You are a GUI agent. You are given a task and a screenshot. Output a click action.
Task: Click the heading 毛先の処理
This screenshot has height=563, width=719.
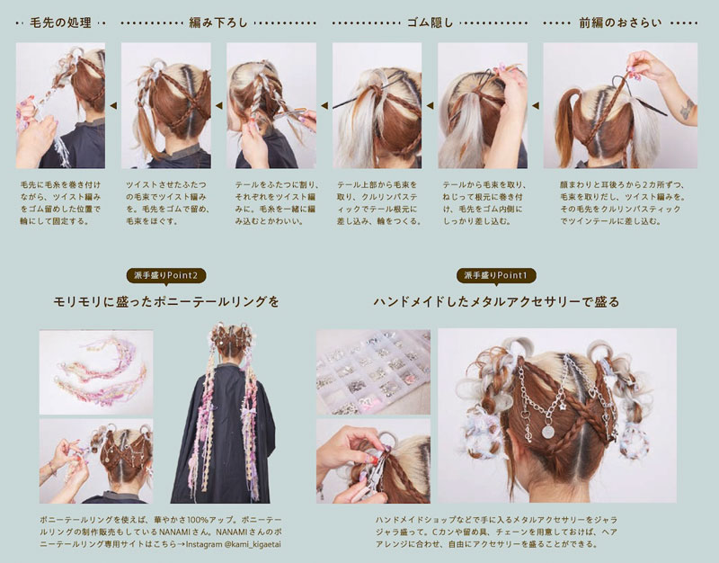pos(60,22)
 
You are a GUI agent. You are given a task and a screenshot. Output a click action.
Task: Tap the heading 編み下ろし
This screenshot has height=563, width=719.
pos(218,22)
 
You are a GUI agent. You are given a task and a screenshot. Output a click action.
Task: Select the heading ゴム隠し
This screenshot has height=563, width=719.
pos(431,22)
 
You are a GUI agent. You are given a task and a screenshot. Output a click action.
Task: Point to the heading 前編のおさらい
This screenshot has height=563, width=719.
pos(620,22)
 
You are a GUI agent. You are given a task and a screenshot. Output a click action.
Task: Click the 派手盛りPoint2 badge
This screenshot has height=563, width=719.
pos(166,275)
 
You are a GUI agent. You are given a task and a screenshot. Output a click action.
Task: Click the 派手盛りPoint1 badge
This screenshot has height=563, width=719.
pos(496,275)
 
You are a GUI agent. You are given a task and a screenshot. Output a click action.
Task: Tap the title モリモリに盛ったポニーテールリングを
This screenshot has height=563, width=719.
pos(166,301)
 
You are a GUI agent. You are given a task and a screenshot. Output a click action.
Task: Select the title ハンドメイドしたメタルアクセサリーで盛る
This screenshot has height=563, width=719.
pos(496,301)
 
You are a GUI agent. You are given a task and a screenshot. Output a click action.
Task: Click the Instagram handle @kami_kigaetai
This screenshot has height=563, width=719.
pos(253,545)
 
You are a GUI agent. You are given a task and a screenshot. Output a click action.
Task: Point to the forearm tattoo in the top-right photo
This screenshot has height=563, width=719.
pos(687,109)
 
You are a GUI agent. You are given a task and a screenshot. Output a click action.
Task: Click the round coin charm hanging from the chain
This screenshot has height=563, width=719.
pos(548,432)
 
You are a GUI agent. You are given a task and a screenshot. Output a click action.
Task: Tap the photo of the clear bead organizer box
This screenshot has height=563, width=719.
pos(373,371)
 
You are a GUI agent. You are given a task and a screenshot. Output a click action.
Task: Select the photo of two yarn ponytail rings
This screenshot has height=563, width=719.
pos(96,372)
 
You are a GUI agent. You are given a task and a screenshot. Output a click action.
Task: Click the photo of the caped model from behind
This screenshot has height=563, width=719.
pos(223,413)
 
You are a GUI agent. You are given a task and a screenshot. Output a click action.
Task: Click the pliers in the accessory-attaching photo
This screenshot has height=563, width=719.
pos(375,478)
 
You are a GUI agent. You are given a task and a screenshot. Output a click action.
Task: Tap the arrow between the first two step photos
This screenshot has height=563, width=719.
pos(113,105)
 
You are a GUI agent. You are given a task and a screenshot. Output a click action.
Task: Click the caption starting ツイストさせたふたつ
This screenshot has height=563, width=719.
pos(168,203)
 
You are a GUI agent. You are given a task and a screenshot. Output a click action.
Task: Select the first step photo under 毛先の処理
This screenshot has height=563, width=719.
pos(60,105)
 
